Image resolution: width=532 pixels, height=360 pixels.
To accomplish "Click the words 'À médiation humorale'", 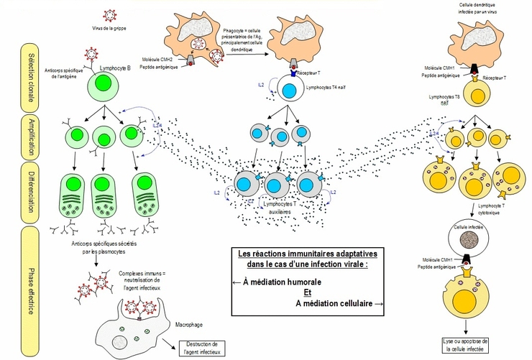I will coord(272,282).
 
